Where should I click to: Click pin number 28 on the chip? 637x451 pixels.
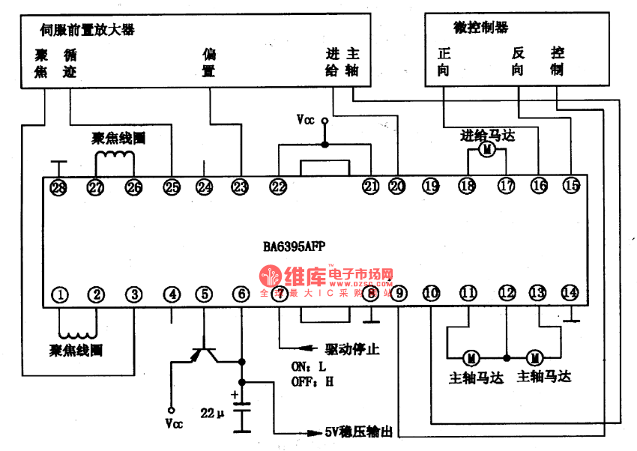pyautogui.click(x=58, y=187)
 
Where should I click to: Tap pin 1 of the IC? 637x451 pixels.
pyautogui.click(x=60, y=294)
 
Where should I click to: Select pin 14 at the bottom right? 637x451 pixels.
pyautogui.click(x=570, y=293)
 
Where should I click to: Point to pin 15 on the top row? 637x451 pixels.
pyautogui.click(x=571, y=186)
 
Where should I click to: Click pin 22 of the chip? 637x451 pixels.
pyautogui.click(x=278, y=187)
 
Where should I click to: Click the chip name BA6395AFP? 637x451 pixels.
pyautogui.click(x=295, y=246)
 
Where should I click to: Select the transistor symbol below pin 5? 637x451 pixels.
pyautogui.click(x=202, y=351)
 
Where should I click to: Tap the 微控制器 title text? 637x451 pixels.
pyautogui.click(x=480, y=28)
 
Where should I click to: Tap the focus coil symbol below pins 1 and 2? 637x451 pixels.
pyautogui.click(x=77, y=330)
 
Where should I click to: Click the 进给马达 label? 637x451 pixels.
pyautogui.click(x=488, y=136)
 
